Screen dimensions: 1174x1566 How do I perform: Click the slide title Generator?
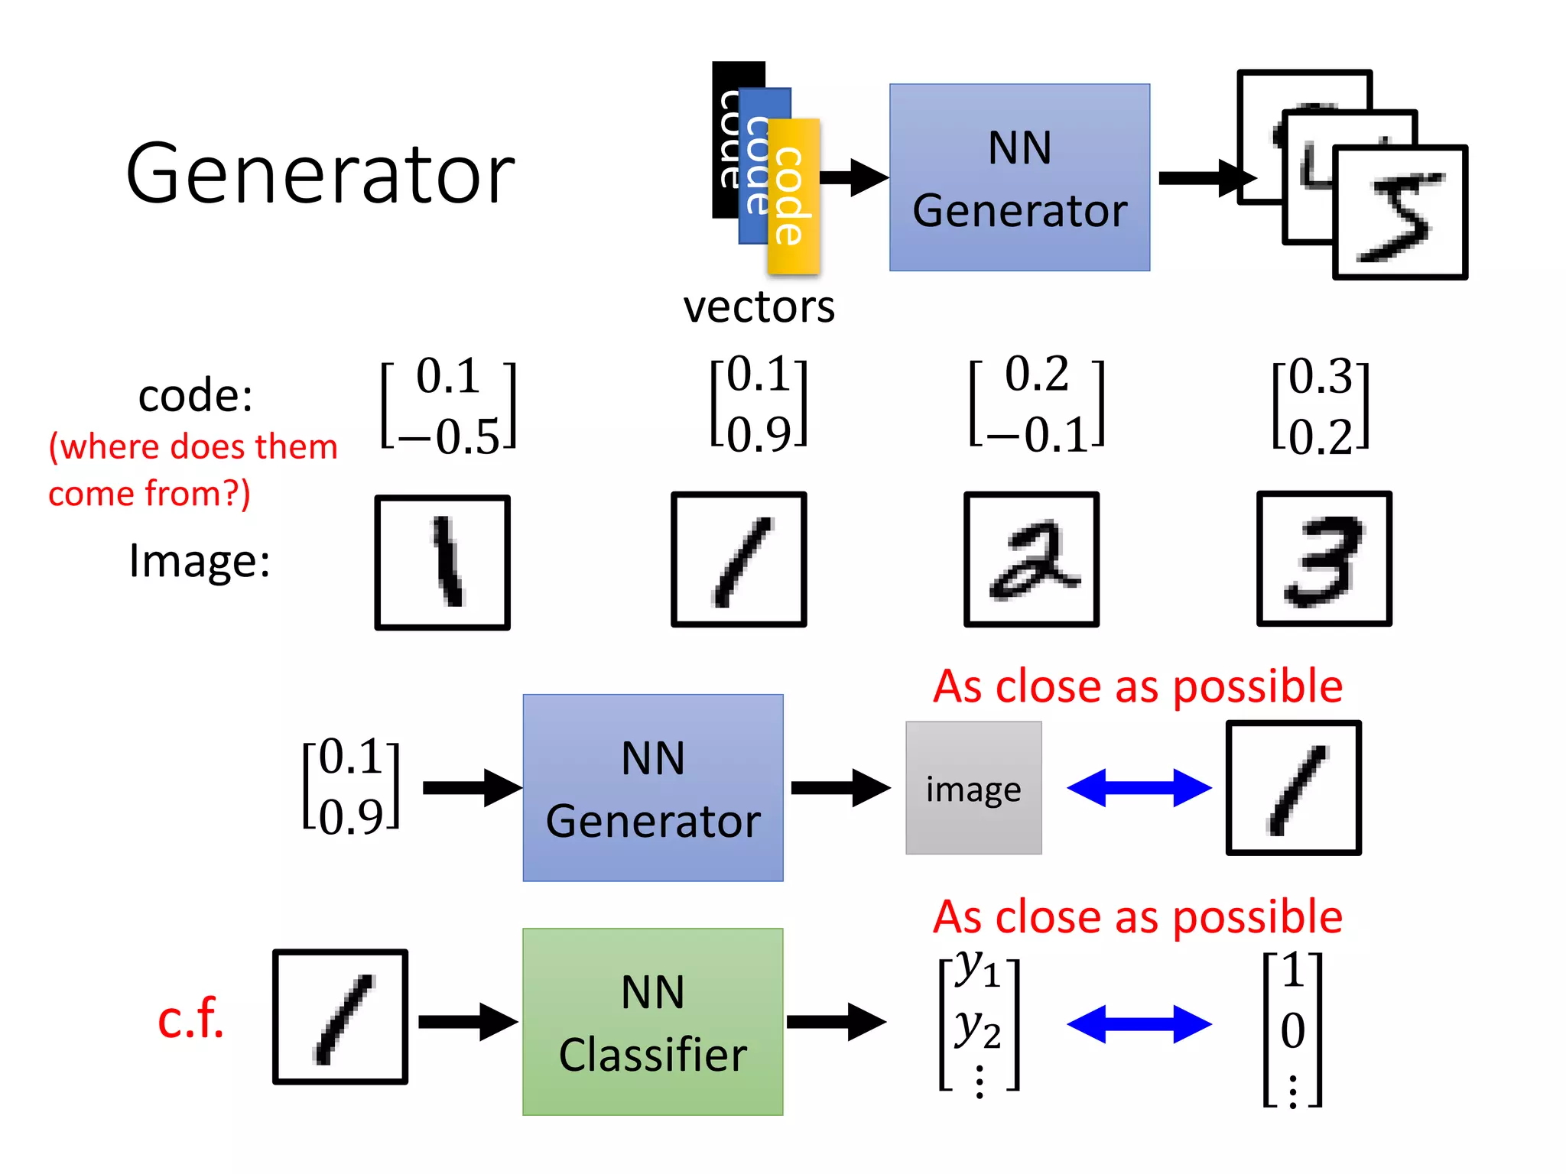point(320,174)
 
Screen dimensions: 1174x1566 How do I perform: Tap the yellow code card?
point(793,196)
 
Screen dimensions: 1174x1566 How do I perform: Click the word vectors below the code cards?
point(759,307)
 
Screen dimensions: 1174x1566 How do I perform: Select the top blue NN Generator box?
point(1019,177)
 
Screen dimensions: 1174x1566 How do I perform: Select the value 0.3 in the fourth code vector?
point(1321,376)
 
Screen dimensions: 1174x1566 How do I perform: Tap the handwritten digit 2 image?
point(1031,559)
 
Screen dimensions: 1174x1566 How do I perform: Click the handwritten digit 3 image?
point(1324,559)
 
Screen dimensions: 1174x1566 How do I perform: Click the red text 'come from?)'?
point(149,493)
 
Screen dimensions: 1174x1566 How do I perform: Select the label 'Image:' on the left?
point(200,560)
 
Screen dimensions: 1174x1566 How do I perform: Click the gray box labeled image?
point(973,788)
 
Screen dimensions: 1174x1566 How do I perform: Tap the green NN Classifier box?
point(652,1022)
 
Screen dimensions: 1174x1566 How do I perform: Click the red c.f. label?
point(190,1019)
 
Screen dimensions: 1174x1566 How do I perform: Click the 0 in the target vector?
point(1292,1030)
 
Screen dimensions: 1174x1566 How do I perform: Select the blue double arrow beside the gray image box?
point(1139,788)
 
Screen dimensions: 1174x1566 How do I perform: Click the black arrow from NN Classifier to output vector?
point(836,1022)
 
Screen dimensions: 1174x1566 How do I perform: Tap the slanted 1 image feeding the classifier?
point(340,1017)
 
